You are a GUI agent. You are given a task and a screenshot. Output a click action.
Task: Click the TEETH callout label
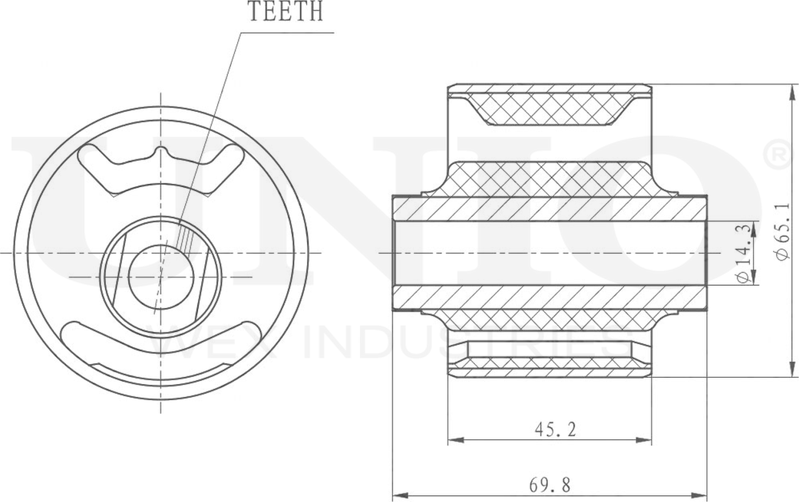point(286,12)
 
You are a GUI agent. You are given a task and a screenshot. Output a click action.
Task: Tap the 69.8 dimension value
point(550,485)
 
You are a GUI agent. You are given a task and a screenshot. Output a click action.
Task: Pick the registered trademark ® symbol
point(778,155)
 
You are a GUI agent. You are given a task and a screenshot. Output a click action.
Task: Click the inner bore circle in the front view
point(161,277)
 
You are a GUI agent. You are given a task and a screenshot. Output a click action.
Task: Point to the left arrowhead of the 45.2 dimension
point(453,441)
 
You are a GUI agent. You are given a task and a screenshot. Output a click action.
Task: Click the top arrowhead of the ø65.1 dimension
point(791,89)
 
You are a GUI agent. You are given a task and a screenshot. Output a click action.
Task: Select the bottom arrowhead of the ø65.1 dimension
point(791,372)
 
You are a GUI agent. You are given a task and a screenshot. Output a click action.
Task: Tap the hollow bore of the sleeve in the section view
point(550,253)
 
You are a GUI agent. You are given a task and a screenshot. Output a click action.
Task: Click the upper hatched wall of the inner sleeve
point(550,209)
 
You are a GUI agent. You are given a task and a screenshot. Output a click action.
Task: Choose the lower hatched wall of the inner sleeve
point(550,297)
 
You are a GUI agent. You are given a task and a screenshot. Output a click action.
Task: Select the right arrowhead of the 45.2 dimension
point(646,441)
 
